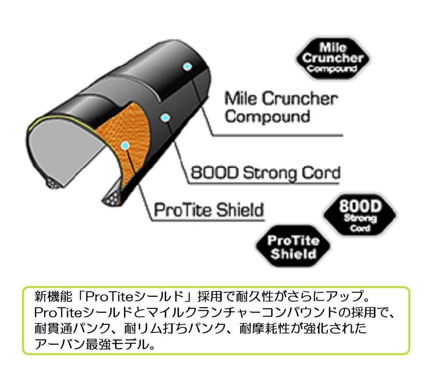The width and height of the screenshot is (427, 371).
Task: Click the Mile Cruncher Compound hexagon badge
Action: (333, 58)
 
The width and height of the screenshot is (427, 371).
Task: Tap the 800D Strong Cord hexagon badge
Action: (360, 215)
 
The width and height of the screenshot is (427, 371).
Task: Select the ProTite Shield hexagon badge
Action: (293, 247)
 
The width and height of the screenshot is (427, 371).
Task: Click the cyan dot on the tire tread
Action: (187, 67)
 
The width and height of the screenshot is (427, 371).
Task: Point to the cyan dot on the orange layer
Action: (125, 146)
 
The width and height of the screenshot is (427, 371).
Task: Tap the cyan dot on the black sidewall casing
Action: (165, 118)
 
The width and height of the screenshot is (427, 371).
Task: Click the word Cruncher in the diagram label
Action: (300, 99)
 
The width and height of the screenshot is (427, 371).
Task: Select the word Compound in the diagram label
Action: (267, 117)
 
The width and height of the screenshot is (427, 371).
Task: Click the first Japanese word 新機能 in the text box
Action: (53, 296)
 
